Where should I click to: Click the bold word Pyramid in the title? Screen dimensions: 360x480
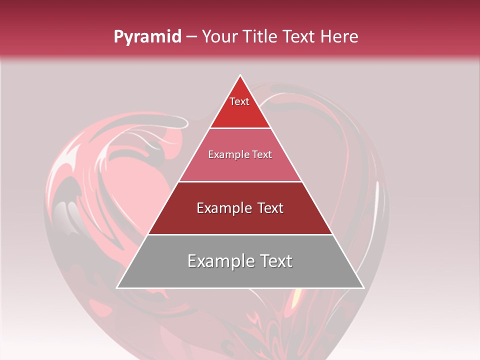[x=147, y=37]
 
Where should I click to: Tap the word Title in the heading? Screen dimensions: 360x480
[x=263, y=37]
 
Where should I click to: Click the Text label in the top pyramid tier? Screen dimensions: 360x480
[x=239, y=101]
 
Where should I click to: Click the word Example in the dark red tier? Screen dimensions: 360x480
[x=221, y=208]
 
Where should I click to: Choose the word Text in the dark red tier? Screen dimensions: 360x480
[x=269, y=208]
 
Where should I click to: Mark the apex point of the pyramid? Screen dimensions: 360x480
[x=240, y=75]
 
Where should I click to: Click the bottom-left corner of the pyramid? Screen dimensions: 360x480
[x=117, y=288]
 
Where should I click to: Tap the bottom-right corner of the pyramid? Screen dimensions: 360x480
[x=363, y=288]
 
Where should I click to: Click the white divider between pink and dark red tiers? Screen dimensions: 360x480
[x=240, y=181]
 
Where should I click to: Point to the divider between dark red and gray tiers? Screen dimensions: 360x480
[x=240, y=234]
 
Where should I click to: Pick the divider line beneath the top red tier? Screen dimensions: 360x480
[x=240, y=128]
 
